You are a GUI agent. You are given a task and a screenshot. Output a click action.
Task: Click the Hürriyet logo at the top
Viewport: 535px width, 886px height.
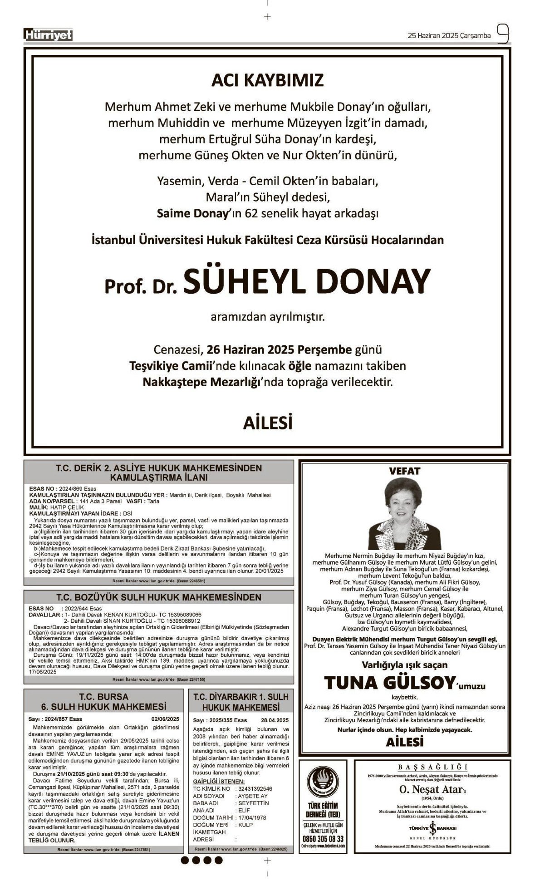49,35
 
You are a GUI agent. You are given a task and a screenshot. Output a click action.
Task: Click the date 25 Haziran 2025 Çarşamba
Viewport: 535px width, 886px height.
449,35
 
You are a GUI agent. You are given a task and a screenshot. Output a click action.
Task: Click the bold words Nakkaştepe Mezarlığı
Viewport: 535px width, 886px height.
201,382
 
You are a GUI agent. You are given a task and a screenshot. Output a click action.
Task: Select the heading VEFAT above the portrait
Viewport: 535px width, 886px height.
404,471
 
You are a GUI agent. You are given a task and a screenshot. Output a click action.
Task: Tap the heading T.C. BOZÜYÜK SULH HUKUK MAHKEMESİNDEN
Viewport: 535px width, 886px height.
159,597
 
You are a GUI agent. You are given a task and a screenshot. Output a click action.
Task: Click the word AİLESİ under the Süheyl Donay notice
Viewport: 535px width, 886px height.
267,423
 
